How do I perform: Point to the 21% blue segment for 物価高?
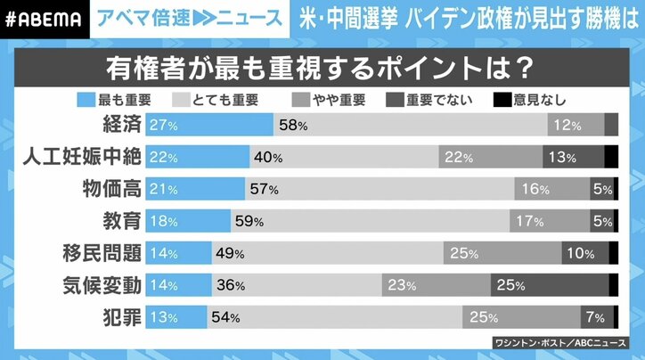(x=166, y=190)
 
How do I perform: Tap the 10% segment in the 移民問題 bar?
(x=582, y=254)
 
